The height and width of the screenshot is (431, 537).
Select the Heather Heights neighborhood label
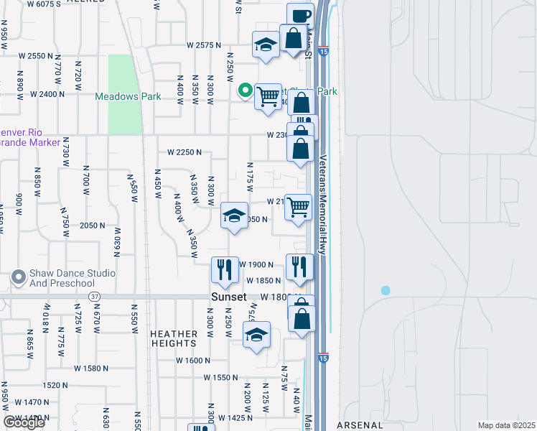tap(174, 338)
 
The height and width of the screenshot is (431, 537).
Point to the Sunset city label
tap(229, 297)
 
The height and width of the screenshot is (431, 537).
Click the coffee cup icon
tap(301, 16)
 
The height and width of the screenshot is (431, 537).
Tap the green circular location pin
tap(245, 91)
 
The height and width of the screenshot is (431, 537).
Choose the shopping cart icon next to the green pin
tap(268, 96)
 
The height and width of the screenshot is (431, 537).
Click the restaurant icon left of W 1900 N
tap(224, 269)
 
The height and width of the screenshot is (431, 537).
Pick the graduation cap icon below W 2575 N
tap(266, 45)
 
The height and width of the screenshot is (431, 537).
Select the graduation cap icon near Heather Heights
tap(256, 335)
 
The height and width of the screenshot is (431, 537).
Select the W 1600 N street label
tap(192, 361)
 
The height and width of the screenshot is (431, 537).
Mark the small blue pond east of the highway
tap(386, 290)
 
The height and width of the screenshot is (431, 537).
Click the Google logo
tap(24, 422)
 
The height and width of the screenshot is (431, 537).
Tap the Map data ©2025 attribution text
tap(507, 425)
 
